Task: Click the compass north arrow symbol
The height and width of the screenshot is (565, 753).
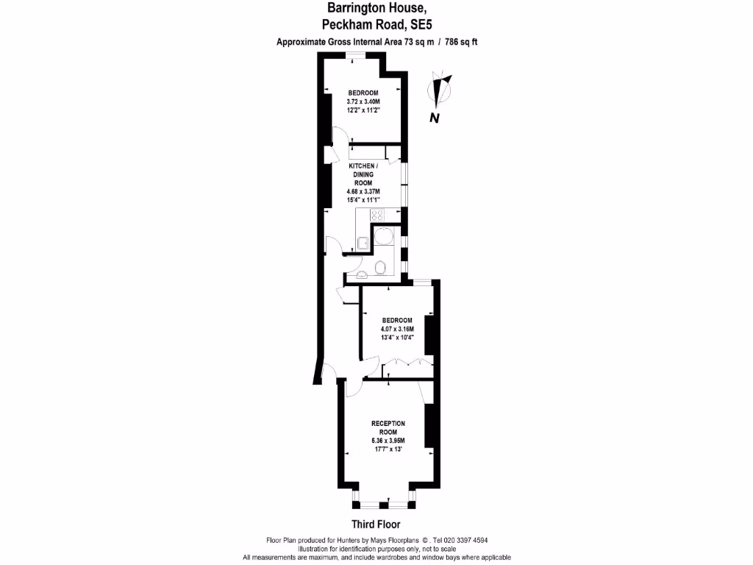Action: point(441,90)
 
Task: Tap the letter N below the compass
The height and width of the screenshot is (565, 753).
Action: point(435,118)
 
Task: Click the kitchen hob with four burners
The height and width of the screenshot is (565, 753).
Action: point(378,216)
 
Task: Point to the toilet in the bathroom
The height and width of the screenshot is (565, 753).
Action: point(381,266)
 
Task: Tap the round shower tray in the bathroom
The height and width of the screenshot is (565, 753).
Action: point(384,236)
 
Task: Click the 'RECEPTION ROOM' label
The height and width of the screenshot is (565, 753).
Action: point(388,428)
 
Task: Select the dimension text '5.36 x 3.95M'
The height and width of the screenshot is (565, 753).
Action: point(388,441)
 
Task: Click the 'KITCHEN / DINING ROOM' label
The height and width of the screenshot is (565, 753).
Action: point(364,174)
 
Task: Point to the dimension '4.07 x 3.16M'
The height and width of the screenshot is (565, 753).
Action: point(396,329)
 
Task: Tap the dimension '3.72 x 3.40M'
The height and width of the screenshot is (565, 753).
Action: point(363,102)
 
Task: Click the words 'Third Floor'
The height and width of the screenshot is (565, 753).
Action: point(376,525)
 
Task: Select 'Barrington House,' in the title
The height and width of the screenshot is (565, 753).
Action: point(376,8)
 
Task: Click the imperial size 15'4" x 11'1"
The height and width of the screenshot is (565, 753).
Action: point(364,199)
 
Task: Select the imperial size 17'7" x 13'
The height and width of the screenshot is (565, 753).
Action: point(388,449)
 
